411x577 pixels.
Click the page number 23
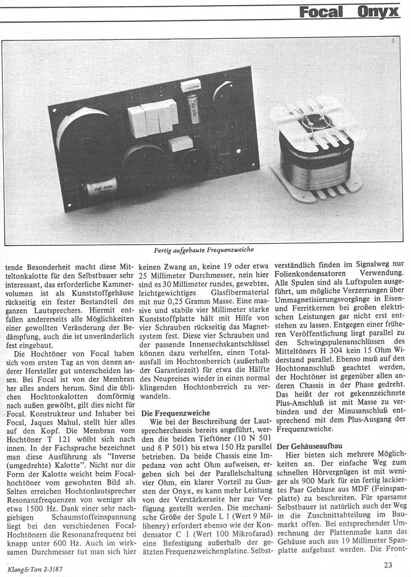[388, 565]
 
